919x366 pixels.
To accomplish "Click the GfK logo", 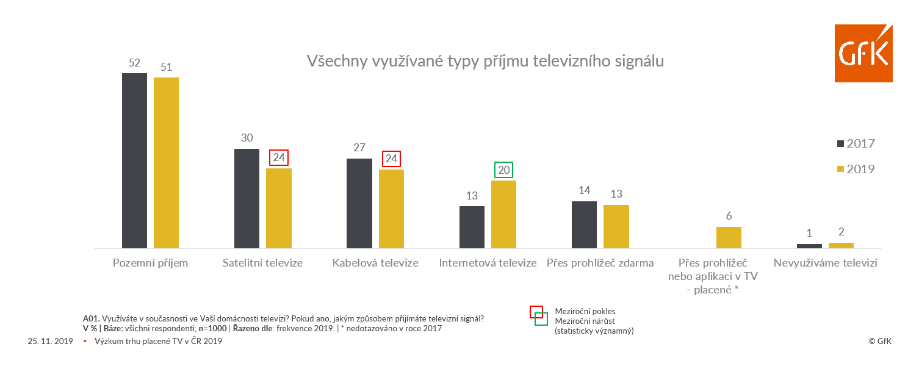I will (863, 53).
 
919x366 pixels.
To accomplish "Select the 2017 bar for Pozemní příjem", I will (134, 160).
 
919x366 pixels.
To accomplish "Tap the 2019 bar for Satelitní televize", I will (279, 208).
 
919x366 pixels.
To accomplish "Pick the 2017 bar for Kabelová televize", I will (359, 203).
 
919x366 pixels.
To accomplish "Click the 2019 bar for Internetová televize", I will (503, 214).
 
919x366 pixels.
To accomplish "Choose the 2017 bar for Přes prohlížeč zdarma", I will (584, 224).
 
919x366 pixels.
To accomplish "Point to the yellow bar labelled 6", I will (729, 237).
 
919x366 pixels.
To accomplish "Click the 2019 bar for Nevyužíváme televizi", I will (841, 245).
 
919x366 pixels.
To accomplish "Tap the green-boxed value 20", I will (504, 170).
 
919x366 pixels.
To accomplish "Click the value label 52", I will (134, 63).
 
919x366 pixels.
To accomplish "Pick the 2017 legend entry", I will (856, 144).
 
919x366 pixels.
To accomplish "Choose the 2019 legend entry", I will (856, 169).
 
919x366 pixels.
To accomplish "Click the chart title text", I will (485, 62).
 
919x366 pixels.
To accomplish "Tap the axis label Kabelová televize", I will (375, 264).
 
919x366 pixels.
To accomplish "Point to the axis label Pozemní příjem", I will (151, 264).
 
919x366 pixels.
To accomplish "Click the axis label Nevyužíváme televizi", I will (825, 264).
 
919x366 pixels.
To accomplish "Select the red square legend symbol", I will (536, 311).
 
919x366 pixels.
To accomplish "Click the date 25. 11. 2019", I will (50, 342).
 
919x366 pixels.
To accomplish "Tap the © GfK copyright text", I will (880, 342).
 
